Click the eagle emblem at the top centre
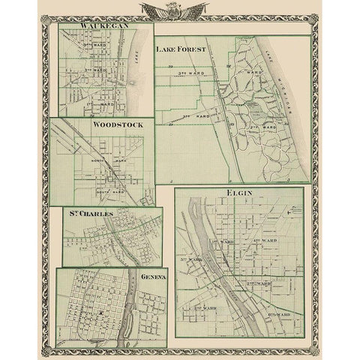pos(180,10)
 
